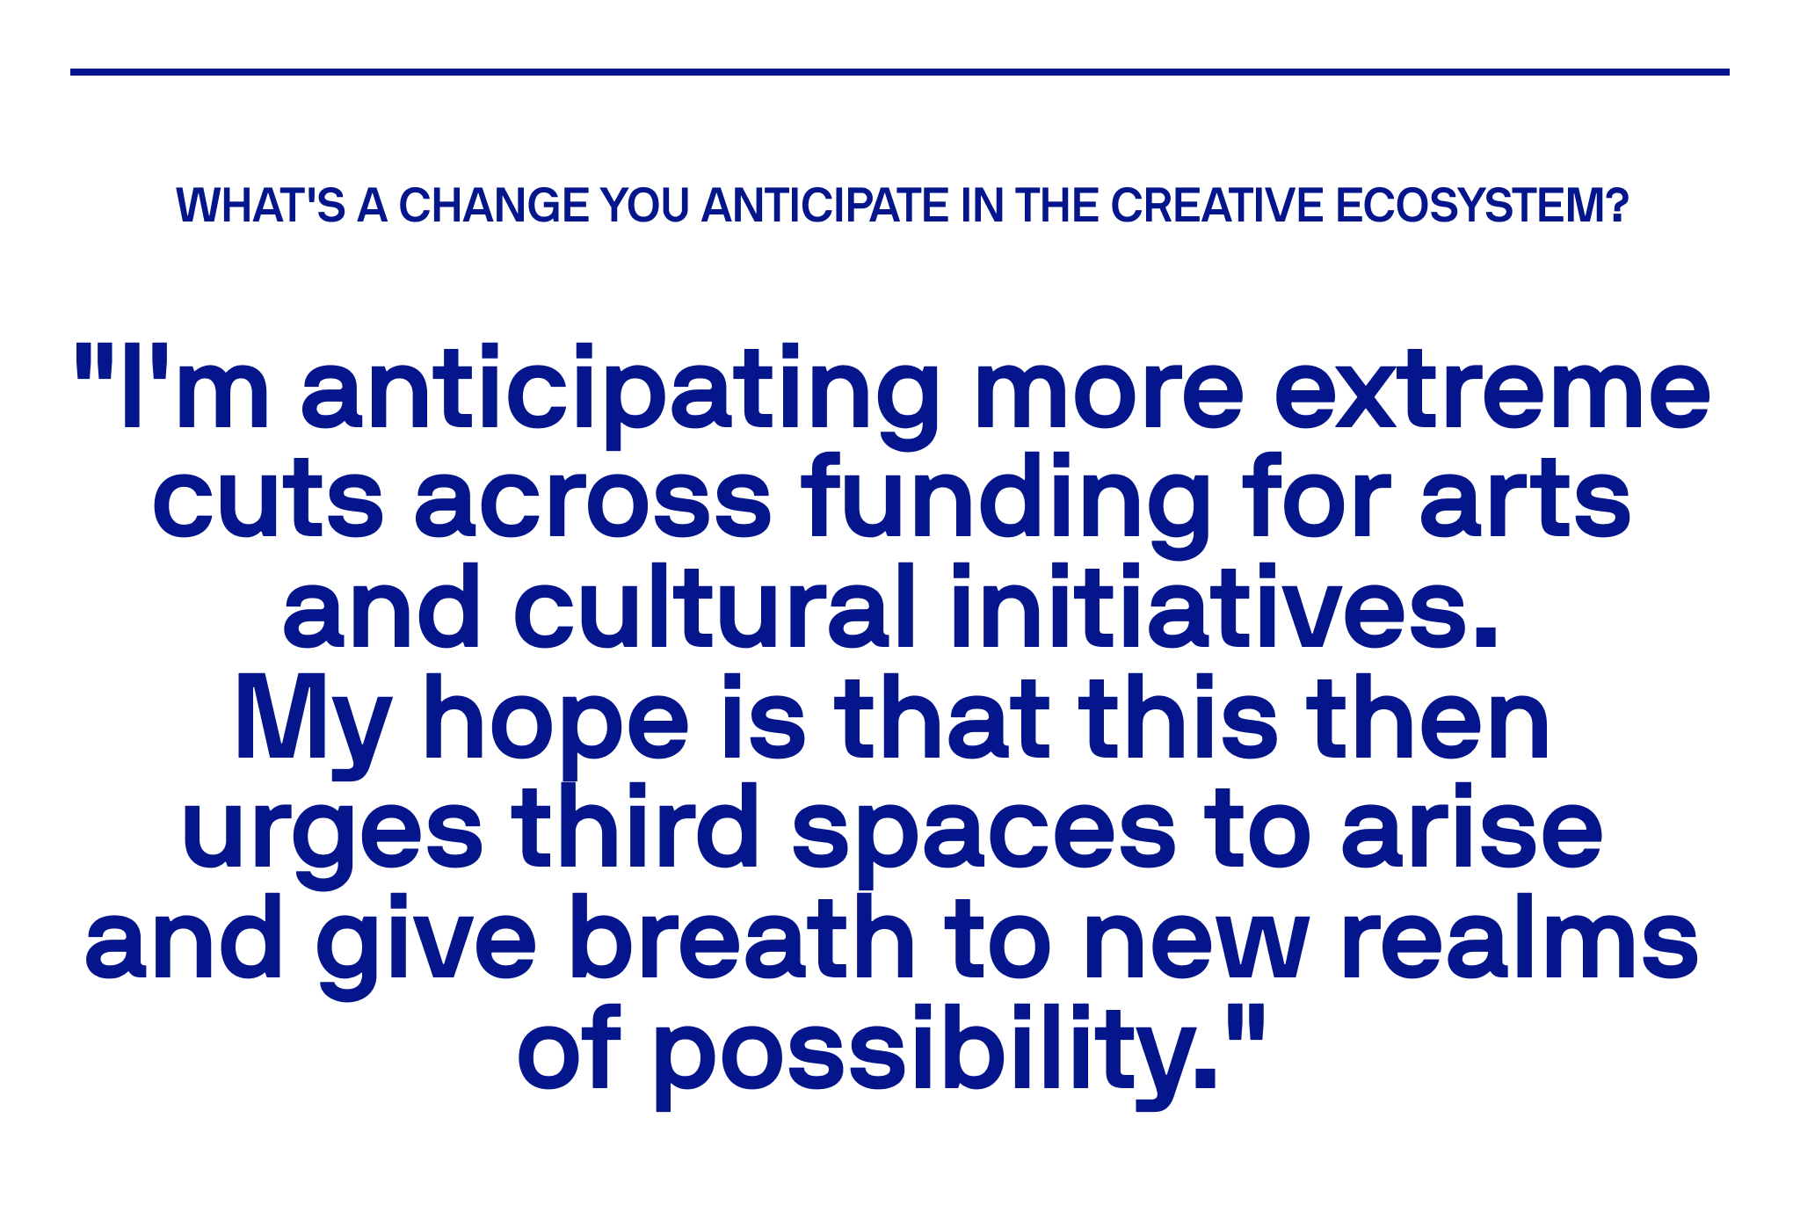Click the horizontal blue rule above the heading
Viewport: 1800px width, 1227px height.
point(900,72)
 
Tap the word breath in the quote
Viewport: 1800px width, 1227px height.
point(742,937)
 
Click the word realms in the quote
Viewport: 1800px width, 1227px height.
point(1520,937)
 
